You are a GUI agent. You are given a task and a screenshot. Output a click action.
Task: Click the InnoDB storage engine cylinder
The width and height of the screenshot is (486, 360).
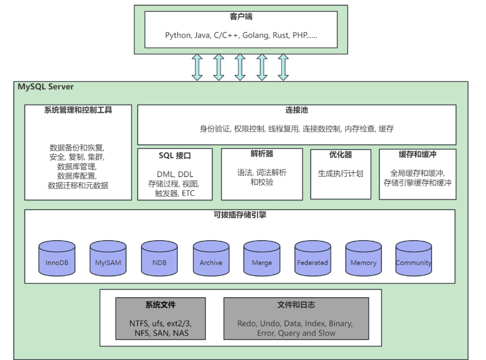point(57,258)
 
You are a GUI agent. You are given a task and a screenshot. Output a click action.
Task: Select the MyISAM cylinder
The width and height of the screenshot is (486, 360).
point(108,258)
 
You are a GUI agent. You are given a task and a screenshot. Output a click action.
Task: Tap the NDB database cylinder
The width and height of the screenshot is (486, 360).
point(159,258)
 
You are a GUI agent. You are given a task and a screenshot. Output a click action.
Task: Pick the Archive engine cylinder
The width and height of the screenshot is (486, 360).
point(211,258)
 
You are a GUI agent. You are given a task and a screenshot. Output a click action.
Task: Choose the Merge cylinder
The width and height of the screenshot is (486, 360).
point(261,258)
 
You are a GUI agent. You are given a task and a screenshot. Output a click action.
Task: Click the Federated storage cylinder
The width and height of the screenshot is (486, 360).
point(312,258)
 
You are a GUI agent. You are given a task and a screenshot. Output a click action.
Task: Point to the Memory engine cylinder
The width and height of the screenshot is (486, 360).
point(363,258)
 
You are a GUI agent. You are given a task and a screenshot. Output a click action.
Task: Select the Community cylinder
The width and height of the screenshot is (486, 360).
point(414,258)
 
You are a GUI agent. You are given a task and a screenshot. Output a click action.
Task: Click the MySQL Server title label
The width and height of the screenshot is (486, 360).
point(46,87)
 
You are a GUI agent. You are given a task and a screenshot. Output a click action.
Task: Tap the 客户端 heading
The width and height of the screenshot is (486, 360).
point(241,17)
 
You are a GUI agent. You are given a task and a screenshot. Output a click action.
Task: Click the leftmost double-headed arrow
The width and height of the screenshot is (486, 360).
point(197,67)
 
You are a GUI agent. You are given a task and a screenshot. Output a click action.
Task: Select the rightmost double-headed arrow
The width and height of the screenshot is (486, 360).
point(283,67)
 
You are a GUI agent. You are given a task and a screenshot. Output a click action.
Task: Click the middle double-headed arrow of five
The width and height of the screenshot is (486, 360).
point(240,67)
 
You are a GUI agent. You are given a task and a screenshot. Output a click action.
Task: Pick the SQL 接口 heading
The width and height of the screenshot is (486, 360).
point(175,156)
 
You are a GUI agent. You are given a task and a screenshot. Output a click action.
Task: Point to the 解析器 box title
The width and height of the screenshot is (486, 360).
point(262,154)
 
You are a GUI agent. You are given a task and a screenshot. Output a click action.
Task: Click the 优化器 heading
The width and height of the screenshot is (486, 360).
point(340,155)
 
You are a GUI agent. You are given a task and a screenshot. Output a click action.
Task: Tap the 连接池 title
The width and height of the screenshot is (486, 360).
point(297,110)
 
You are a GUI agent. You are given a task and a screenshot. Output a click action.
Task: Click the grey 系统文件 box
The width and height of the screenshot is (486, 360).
point(160,319)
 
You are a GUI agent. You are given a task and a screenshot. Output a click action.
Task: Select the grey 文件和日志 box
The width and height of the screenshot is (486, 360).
point(296,319)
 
